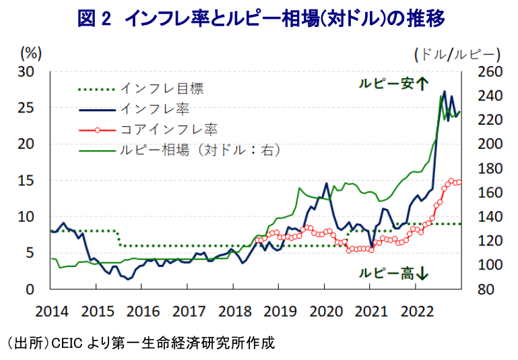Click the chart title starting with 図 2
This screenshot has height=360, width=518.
(261, 18)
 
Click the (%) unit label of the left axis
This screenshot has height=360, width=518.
(31, 53)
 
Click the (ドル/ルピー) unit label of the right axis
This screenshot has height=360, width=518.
(457, 55)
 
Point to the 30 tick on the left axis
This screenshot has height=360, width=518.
(26, 71)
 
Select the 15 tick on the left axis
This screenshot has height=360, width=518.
(26, 181)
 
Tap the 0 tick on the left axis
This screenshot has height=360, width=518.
(30, 289)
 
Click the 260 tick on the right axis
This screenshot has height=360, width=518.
(490, 71)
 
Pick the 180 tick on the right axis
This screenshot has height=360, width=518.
(490, 169)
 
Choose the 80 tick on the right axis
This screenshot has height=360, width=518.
(486, 289)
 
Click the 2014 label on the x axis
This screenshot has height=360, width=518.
(52, 311)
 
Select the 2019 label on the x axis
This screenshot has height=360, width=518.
(280, 311)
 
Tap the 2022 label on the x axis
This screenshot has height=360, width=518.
(417, 311)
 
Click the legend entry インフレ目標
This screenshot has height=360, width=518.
(141, 88)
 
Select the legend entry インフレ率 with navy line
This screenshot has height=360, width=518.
(134, 109)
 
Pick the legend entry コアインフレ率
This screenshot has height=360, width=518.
(148, 129)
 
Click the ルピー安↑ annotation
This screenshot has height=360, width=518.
(394, 84)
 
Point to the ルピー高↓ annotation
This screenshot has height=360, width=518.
(394, 274)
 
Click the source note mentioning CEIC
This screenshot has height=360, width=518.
(141, 343)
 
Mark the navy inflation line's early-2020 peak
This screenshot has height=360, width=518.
(327, 183)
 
